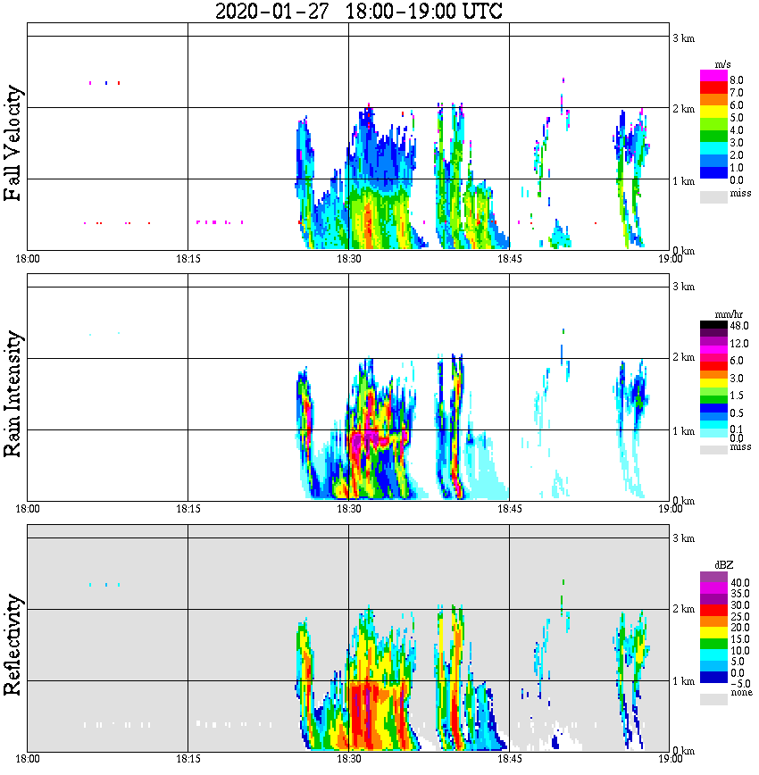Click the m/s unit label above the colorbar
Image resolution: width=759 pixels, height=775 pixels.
click(x=723, y=64)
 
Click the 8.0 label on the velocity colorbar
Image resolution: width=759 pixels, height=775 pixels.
click(x=737, y=79)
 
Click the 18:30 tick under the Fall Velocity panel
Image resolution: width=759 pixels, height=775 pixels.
click(x=348, y=259)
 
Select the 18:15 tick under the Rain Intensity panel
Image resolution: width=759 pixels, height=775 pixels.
click(x=188, y=509)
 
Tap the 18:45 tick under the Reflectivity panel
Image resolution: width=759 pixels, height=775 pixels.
click(x=509, y=759)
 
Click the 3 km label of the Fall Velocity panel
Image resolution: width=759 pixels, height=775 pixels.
click(x=683, y=37)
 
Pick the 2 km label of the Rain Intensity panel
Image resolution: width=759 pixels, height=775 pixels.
click(x=683, y=358)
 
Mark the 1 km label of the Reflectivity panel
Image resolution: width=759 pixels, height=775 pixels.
click(x=683, y=681)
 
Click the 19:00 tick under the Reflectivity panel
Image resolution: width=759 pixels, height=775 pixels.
click(x=670, y=759)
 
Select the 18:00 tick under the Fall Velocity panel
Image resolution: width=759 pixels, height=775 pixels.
click(x=28, y=259)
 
